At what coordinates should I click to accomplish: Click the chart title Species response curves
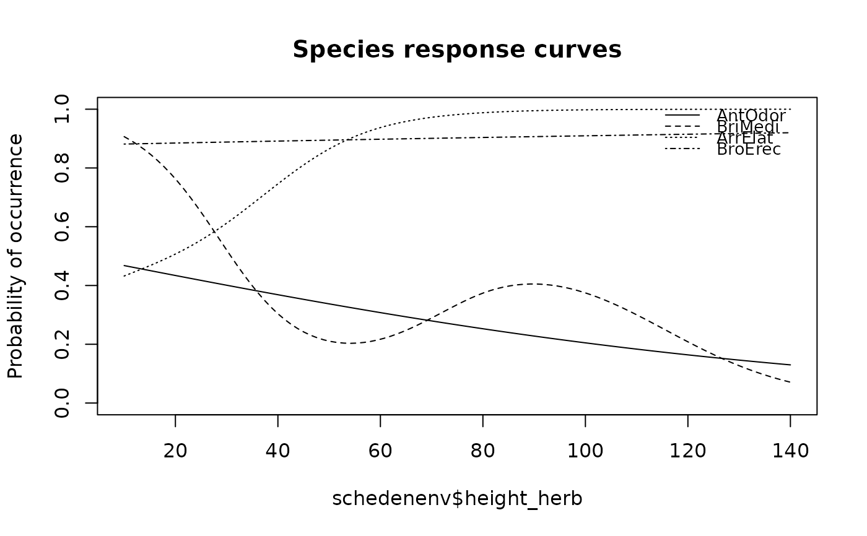pyautogui.click(x=457, y=50)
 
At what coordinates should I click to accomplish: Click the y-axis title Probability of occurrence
pyautogui.click(x=15, y=256)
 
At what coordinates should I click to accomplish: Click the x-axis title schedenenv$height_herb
pyautogui.click(x=457, y=499)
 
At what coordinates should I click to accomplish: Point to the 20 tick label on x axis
pyautogui.click(x=175, y=451)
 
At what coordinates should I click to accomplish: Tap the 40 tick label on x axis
pyautogui.click(x=277, y=451)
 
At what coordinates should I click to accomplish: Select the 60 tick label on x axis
pyautogui.click(x=380, y=451)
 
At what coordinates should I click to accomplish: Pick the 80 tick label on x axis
pyautogui.click(x=482, y=451)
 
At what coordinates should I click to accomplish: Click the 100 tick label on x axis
pyautogui.click(x=585, y=451)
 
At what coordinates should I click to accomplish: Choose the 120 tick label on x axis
pyautogui.click(x=687, y=451)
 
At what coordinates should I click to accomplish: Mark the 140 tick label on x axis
pyautogui.click(x=790, y=451)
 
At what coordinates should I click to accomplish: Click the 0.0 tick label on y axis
pyautogui.click(x=62, y=403)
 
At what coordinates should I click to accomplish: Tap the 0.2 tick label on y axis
pyautogui.click(x=62, y=344)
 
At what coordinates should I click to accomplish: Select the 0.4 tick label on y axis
pyautogui.click(x=62, y=285)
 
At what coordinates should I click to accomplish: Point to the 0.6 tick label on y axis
pyautogui.click(x=62, y=227)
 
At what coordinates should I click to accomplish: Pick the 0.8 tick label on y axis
pyautogui.click(x=62, y=168)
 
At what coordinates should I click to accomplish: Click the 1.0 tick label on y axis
pyautogui.click(x=62, y=110)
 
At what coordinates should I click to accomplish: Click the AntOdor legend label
pyautogui.click(x=751, y=116)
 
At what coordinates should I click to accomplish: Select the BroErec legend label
pyautogui.click(x=749, y=149)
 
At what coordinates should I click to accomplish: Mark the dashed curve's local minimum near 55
pyautogui.click(x=350, y=343)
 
